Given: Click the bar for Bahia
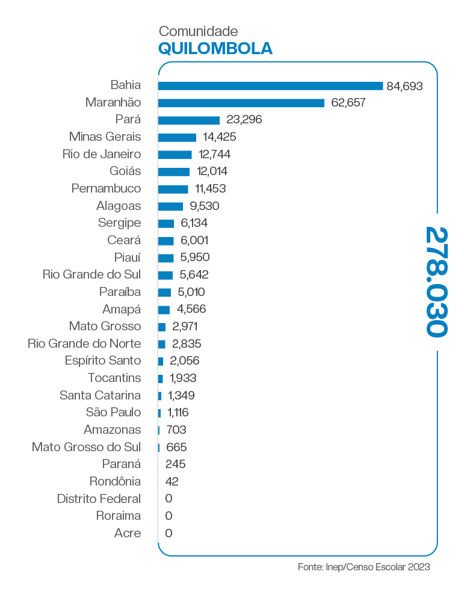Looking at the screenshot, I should [x=270, y=85].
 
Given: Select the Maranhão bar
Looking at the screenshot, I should [x=241, y=103].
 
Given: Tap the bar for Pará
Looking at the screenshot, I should [x=188, y=120].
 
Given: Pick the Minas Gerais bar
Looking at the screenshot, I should [x=177, y=137].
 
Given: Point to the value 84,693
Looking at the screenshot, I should [x=405, y=85].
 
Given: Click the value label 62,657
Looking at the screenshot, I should [x=348, y=103].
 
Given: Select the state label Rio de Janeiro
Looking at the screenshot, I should [x=102, y=154].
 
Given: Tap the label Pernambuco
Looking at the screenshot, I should [x=106, y=188].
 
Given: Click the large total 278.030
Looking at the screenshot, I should [x=436, y=282].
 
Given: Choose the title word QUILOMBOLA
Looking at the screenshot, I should [x=215, y=48].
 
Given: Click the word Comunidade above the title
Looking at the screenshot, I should [x=198, y=31].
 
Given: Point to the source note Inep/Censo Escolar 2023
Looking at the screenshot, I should [x=364, y=567].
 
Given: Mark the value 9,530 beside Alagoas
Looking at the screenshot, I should [x=203, y=206].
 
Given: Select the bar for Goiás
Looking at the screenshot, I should [x=173, y=171].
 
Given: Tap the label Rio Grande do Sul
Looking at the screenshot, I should [x=91, y=274].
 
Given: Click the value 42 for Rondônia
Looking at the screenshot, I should [x=172, y=481].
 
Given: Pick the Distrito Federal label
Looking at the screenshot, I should [x=99, y=499].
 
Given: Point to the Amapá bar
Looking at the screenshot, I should [x=164, y=309].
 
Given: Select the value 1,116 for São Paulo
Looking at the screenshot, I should [x=179, y=412].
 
